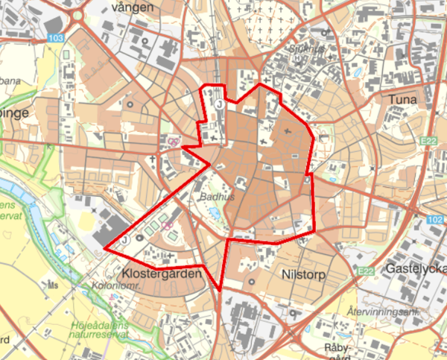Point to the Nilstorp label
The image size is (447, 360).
[x=304, y=274]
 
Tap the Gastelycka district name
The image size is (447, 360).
[x=416, y=268]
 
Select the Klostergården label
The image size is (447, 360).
[x=162, y=275]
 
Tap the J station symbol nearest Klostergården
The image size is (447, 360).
[x=124, y=239]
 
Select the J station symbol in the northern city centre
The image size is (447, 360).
[x=220, y=106]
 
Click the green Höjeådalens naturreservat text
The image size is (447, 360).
[x=101, y=330]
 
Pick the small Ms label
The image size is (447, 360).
[x=52, y=284]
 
